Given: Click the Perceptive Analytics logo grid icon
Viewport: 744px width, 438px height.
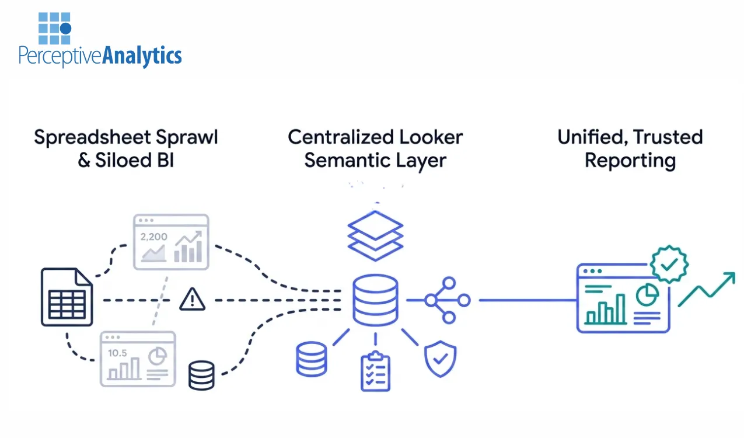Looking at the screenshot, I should pos(55,28).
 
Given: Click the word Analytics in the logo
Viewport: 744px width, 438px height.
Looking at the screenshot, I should pos(142,56).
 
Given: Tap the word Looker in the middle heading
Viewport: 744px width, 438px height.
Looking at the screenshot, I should pos(428,137).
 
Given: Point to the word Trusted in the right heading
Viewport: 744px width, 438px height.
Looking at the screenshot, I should pos(668,137).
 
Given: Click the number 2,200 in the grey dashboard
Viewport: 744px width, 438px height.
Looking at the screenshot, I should pos(153,237).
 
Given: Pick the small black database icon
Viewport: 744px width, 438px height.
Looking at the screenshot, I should pos(201,375).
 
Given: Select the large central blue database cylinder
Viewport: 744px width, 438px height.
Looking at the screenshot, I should pos(375,300).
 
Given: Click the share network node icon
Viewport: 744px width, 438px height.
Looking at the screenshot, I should pos(446,300).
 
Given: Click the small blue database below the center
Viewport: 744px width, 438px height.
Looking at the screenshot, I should pos(311,359).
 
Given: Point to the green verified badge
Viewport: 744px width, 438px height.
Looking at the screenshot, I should pos(669,265).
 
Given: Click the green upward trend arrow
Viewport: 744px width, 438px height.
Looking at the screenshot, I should pos(706,289).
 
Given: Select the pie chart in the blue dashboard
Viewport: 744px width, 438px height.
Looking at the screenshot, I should pos(647,296).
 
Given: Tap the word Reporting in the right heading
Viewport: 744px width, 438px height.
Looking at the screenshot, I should pos(630,161).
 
